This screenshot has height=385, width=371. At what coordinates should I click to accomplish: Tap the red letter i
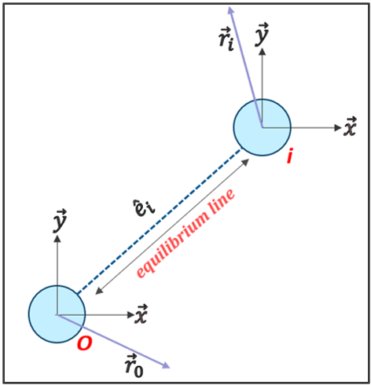pos(291,158)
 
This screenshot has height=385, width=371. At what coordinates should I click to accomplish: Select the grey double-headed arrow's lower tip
pos(94,295)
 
